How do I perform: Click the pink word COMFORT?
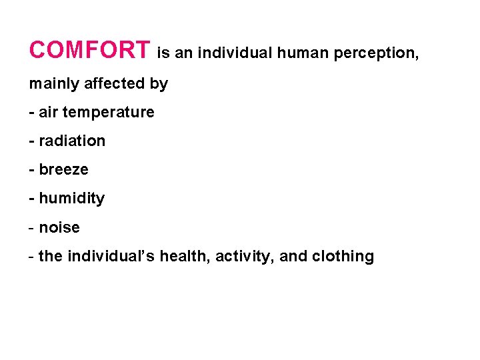pyautogui.click(x=90, y=50)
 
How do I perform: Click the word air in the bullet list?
pyautogui.click(x=49, y=113)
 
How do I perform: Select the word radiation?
pyautogui.click(x=72, y=141)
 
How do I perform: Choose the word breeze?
pyautogui.click(x=63, y=170)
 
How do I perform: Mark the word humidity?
pyautogui.click(x=72, y=199)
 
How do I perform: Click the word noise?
pyautogui.click(x=59, y=228)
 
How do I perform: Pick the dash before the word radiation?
pyautogui.click(x=32, y=141)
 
